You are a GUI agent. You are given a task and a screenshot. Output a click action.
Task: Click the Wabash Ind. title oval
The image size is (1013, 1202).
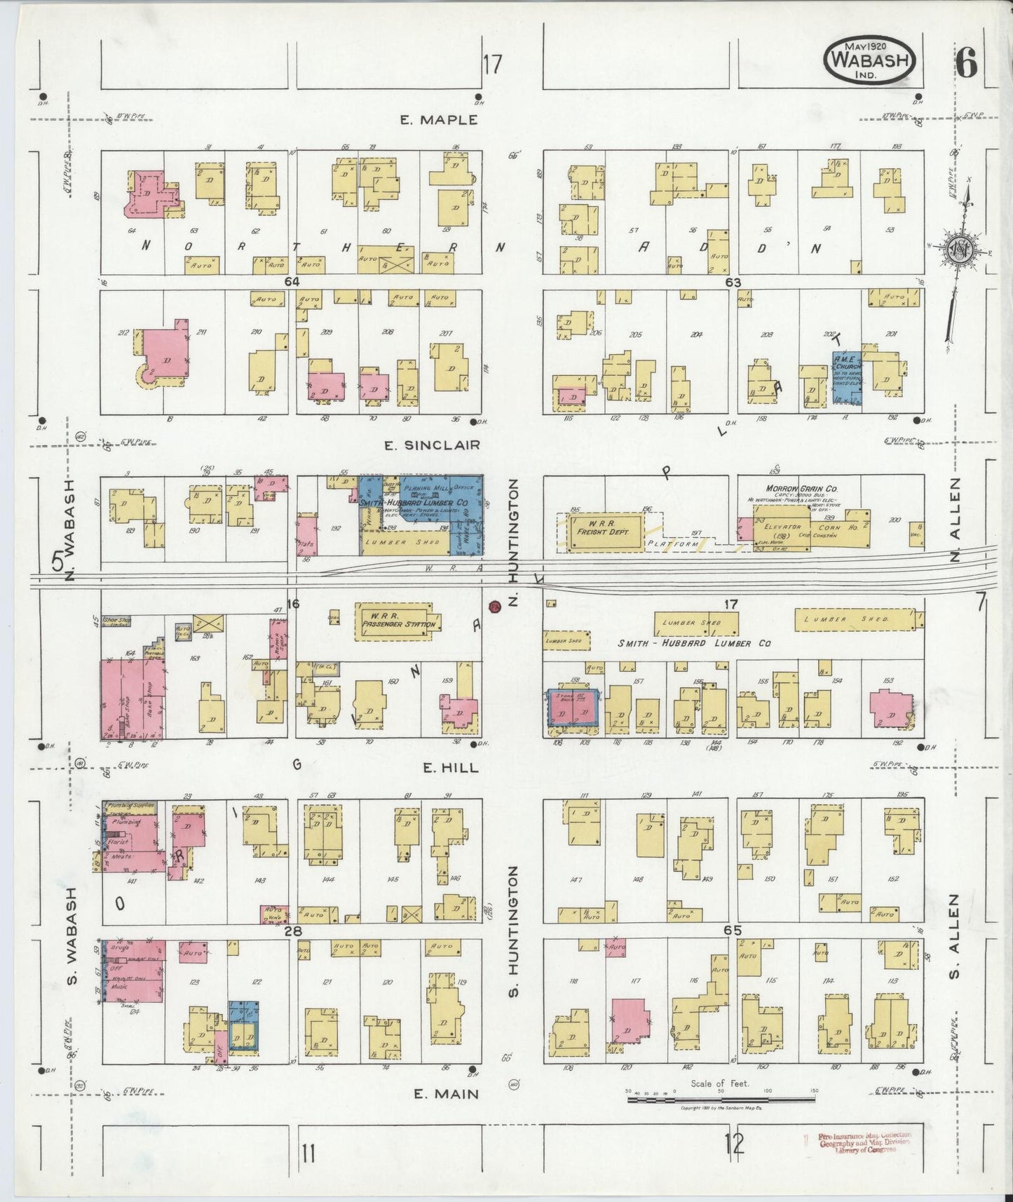[870, 61]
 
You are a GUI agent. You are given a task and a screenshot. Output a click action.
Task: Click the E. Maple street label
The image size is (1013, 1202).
[439, 120]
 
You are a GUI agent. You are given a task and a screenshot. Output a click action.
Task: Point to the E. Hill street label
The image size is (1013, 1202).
[441, 768]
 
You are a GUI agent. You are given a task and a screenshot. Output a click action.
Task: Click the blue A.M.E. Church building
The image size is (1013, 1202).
[846, 377]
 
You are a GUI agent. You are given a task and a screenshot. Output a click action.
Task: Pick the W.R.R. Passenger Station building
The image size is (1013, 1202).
[398, 621]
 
